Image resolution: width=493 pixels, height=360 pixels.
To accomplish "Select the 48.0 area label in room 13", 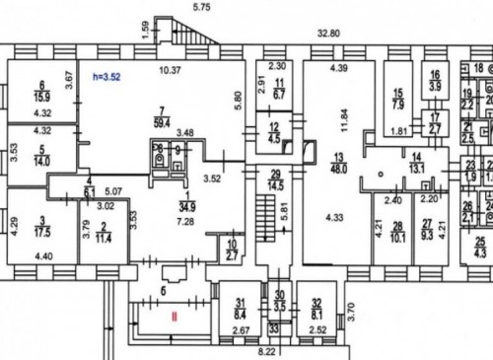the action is pyautogui.click(x=339, y=168).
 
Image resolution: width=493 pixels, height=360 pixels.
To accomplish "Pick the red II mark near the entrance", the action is pyautogui.click(x=174, y=318).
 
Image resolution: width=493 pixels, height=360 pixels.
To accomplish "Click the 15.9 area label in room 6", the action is pyautogui.click(x=43, y=96).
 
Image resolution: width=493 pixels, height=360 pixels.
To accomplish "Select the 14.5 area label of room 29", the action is pyautogui.click(x=275, y=184).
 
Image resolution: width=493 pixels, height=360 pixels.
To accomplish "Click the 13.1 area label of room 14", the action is pyautogui.click(x=416, y=167).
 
